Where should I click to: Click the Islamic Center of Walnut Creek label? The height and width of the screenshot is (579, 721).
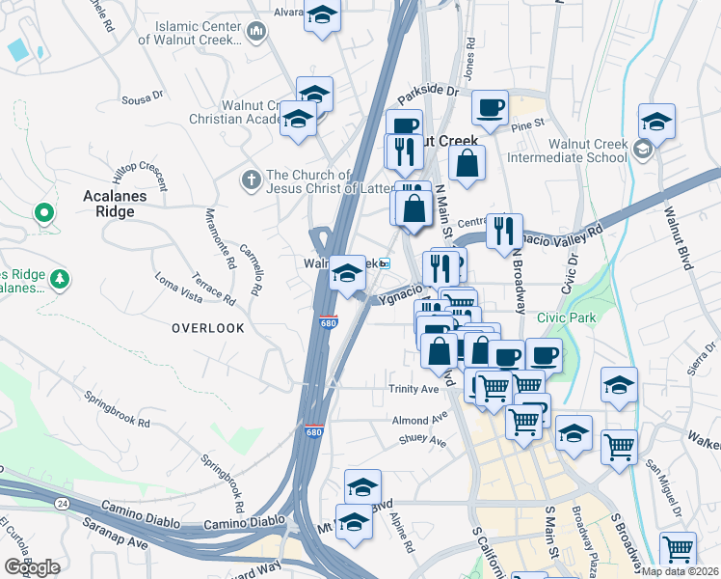pyautogui.click(x=191, y=32)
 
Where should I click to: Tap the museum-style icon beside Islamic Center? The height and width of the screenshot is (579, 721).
pyautogui.click(x=256, y=33)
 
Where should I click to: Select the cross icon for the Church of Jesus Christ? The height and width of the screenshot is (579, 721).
pyautogui.click(x=251, y=179)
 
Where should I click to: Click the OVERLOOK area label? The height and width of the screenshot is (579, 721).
pyautogui.click(x=208, y=328)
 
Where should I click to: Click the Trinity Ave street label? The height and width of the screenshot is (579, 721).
pyautogui.click(x=414, y=389)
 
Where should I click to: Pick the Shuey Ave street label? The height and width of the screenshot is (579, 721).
pyautogui.click(x=422, y=442)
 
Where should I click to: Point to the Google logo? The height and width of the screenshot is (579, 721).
pyautogui.click(x=32, y=567)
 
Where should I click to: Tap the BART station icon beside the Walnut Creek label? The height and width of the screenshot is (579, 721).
pyautogui.click(x=385, y=263)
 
